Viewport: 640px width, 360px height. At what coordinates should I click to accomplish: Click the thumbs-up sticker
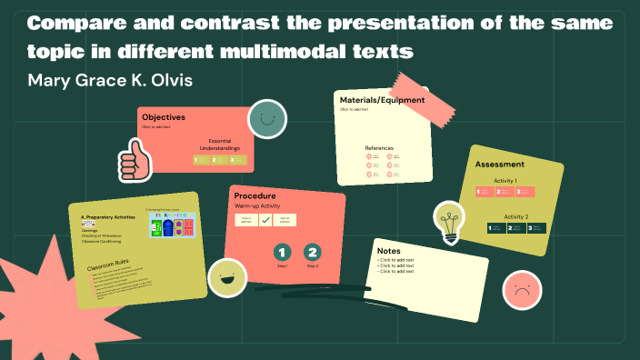(x=134, y=160)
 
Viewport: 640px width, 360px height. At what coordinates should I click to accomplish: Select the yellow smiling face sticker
(x=226, y=277)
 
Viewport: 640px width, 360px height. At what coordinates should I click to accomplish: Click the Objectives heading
(x=164, y=117)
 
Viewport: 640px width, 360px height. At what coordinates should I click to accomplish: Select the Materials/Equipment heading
(x=375, y=99)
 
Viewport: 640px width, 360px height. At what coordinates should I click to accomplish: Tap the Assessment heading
(x=499, y=165)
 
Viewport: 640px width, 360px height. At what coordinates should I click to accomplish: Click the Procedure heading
(x=255, y=195)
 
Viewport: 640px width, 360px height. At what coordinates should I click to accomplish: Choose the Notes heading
(x=388, y=251)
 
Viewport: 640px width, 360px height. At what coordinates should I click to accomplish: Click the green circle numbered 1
(x=282, y=253)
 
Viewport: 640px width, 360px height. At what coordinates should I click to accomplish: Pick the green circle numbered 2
(x=313, y=253)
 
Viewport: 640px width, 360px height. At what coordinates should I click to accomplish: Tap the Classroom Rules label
(x=107, y=266)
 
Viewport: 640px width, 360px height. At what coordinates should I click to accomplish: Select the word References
(x=379, y=148)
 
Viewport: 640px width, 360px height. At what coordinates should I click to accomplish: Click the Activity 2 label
(x=515, y=217)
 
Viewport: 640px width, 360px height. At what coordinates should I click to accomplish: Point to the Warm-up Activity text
(x=260, y=207)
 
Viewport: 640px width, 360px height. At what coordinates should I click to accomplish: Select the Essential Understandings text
(x=224, y=145)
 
